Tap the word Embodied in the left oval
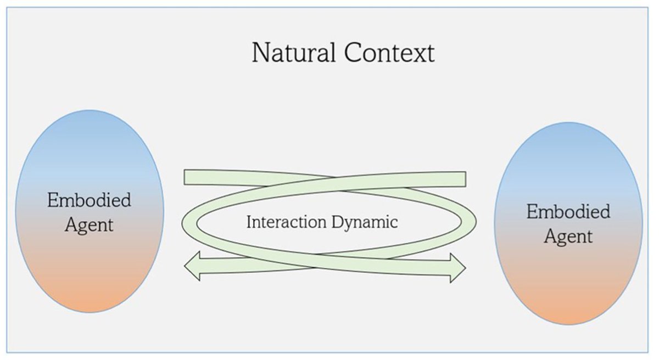pos(90,200)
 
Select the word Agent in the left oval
pos(90,224)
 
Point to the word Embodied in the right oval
pos(568,212)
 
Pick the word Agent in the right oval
pos(568,237)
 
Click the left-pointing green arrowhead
pos(192,267)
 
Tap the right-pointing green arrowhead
pos(458,268)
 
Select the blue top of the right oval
pos(568,139)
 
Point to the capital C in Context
pos(354,53)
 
